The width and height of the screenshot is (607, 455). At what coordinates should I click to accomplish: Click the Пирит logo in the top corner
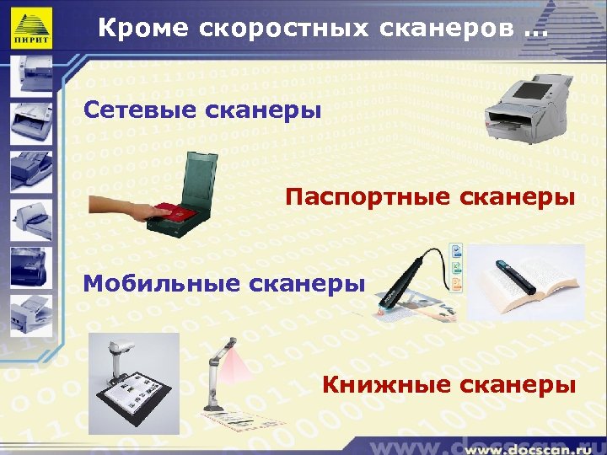tap(31, 29)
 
